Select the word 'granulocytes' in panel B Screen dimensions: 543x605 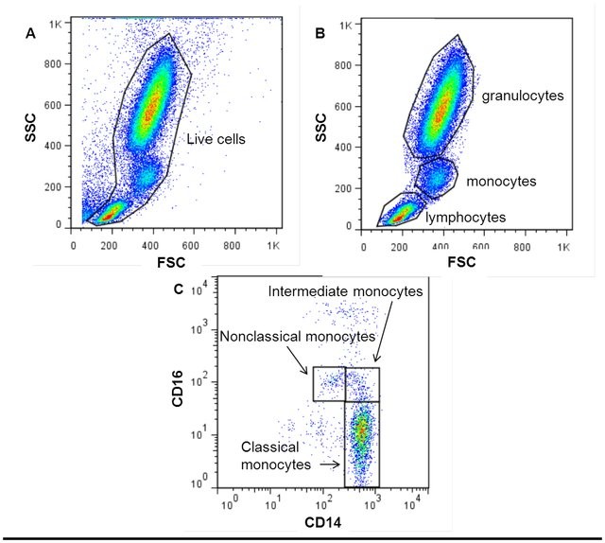tap(523, 96)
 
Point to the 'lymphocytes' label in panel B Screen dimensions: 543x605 tap(465, 217)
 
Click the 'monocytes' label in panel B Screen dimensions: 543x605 tap(501, 180)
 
